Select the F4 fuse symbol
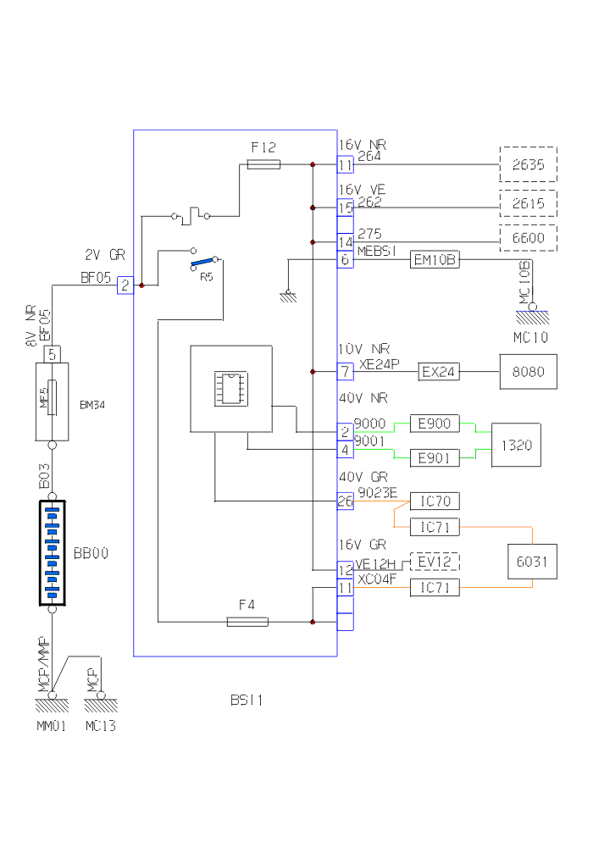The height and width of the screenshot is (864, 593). click(x=247, y=622)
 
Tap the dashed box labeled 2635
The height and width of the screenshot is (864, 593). click(x=528, y=164)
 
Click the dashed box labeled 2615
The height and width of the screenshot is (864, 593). click(x=528, y=203)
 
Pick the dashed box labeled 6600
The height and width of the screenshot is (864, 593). click(x=528, y=238)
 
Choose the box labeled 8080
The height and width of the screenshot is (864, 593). click(x=528, y=371)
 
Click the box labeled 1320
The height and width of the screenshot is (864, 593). click(x=516, y=445)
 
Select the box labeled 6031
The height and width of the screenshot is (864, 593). click(x=532, y=560)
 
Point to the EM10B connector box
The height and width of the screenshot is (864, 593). click(x=435, y=260)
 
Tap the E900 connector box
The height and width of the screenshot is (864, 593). click(x=435, y=424)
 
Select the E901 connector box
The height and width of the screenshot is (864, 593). click(x=435, y=458)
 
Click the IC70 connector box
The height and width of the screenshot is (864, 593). click(x=435, y=501)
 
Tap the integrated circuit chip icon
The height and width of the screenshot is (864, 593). click(x=230, y=388)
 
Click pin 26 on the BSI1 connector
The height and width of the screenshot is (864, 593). click(x=345, y=501)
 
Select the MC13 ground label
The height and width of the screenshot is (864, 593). click(x=100, y=726)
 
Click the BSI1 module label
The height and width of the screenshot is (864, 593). click(x=247, y=700)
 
